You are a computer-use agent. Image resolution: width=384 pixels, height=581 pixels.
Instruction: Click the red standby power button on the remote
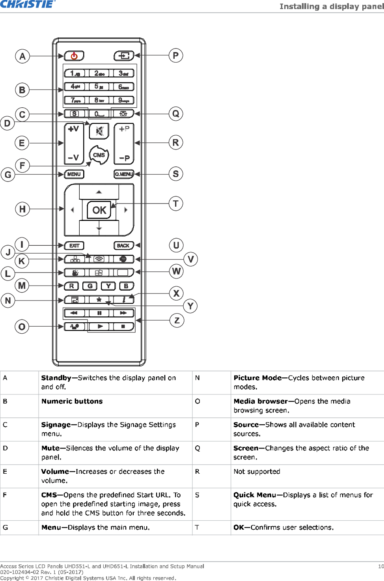click(x=74, y=56)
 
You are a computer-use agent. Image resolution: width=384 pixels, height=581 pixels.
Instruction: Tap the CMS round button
click(x=99, y=155)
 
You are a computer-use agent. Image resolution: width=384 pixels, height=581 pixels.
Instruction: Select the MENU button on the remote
click(x=74, y=174)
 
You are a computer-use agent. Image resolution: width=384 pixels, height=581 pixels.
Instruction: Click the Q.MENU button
click(x=124, y=174)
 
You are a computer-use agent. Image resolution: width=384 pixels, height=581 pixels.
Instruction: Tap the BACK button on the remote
click(x=123, y=246)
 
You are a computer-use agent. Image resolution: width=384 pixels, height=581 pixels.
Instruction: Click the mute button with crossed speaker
click(x=99, y=131)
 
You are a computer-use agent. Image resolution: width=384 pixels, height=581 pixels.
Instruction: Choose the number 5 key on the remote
click(x=99, y=86)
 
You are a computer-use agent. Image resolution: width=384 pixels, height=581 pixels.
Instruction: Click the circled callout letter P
click(x=176, y=56)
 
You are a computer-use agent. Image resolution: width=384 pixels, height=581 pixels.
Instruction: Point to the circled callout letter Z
click(x=177, y=320)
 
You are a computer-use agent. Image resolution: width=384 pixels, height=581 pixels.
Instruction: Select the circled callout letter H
click(x=22, y=209)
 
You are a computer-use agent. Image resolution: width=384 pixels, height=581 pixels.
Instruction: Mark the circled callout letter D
click(x=7, y=123)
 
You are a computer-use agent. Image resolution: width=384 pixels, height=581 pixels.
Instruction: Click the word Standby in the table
click(x=56, y=378)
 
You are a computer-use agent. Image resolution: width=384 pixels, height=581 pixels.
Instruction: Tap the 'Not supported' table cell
click(x=257, y=472)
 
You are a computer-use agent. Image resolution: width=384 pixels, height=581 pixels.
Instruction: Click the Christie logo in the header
click(x=28, y=4)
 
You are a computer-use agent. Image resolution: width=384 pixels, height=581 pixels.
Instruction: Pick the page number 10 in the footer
click(x=381, y=566)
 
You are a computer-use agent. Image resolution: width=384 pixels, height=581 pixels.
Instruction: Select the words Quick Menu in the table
click(x=254, y=495)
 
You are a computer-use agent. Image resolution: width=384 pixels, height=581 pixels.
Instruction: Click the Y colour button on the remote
click(x=108, y=286)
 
